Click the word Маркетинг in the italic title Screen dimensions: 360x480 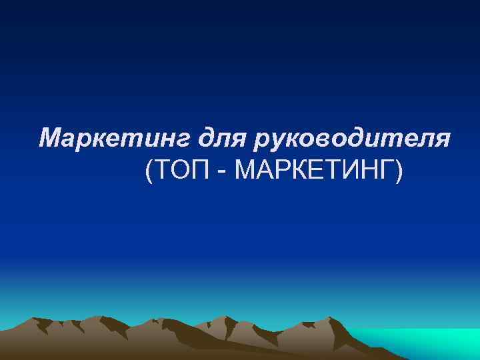(x=113, y=139)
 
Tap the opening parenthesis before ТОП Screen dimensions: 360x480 (x=147, y=173)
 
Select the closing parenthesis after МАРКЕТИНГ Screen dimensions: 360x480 (x=399, y=173)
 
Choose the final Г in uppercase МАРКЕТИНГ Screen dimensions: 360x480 (x=386, y=172)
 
